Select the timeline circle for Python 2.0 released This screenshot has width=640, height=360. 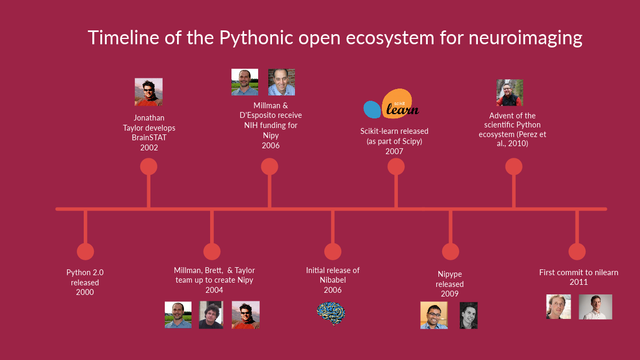point(85,252)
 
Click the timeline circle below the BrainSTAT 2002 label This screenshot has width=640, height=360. point(149,166)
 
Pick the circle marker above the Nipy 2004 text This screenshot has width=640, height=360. point(212,252)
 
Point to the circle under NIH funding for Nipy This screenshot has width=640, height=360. point(269,166)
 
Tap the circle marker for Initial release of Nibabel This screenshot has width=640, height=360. point(333,252)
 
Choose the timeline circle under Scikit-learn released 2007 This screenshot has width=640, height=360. point(396,166)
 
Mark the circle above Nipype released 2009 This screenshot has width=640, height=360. point(451,252)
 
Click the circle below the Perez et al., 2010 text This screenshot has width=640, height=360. point(514,166)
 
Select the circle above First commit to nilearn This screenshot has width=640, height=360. point(577,252)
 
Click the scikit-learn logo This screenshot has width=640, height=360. point(391,105)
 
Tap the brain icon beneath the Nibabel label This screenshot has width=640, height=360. point(331,313)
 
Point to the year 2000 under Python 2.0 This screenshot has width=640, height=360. point(85,292)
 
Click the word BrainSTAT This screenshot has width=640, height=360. point(149,138)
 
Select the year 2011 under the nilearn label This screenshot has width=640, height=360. point(579,282)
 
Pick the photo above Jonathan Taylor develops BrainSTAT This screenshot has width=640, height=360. point(149,92)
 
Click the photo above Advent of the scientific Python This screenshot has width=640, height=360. point(510,93)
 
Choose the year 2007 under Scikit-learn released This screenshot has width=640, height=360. point(394,151)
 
